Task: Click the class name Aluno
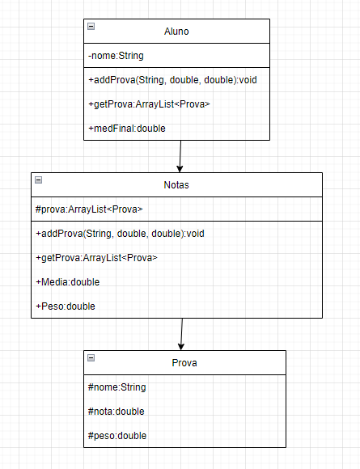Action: click(x=176, y=32)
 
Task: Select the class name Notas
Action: click(x=176, y=184)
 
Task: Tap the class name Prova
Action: click(x=184, y=362)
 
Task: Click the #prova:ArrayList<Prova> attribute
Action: click(x=89, y=209)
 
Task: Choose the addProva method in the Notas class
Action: click(x=120, y=233)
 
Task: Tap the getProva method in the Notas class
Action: click(x=96, y=257)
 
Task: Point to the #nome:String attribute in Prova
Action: click(x=116, y=387)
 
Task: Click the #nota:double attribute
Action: click(x=116, y=411)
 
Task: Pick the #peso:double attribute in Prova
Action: click(x=117, y=435)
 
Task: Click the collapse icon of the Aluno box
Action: click(x=91, y=26)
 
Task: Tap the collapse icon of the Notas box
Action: click(x=38, y=180)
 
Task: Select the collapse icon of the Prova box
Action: click(x=91, y=357)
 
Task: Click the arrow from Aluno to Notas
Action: click(x=180, y=156)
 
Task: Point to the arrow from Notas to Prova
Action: click(x=182, y=333)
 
